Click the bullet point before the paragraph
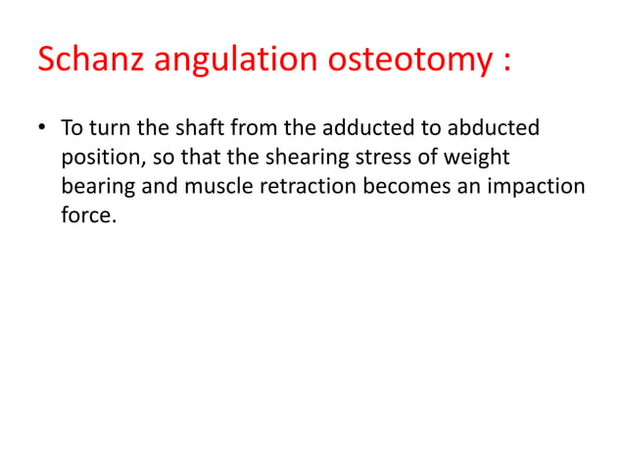click(x=43, y=130)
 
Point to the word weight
click(x=478, y=159)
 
